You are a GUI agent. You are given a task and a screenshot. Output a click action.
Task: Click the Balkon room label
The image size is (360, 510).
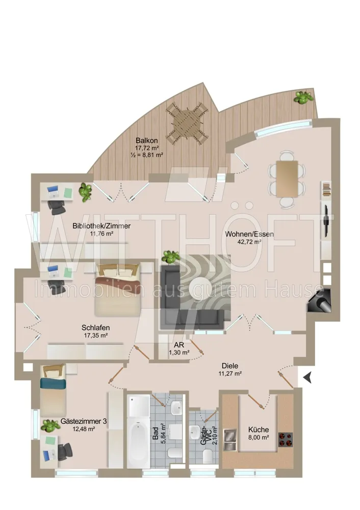click(x=147, y=141)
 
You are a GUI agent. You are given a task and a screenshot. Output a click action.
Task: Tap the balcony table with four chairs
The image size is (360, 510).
click(x=187, y=123)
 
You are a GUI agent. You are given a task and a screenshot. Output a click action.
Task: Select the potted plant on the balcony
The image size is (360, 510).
click(x=303, y=97)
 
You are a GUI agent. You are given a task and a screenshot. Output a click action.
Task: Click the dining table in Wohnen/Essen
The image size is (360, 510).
click(x=287, y=179)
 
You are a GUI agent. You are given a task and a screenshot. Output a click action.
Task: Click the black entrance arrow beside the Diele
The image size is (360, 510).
click(x=307, y=377)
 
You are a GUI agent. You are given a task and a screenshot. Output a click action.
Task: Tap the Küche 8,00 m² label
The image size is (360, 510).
click(x=259, y=433)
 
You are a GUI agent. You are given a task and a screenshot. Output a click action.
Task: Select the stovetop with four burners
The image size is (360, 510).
click(x=286, y=439)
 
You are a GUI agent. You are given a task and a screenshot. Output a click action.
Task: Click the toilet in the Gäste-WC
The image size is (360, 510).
click(x=208, y=456)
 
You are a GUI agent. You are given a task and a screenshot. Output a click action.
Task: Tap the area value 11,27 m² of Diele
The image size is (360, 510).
click(x=230, y=374)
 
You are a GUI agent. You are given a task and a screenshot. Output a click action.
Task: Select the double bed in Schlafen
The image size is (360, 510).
click(x=117, y=290)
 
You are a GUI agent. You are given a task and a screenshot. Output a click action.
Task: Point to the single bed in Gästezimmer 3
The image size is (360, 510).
click(x=53, y=390)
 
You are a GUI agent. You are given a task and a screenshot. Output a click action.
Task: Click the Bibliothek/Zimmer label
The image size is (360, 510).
click(x=101, y=226)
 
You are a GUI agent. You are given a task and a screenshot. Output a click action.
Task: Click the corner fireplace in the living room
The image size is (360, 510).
click(x=320, y=300)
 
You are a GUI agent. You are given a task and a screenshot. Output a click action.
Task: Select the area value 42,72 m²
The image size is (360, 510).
click(x=249, y=242)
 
